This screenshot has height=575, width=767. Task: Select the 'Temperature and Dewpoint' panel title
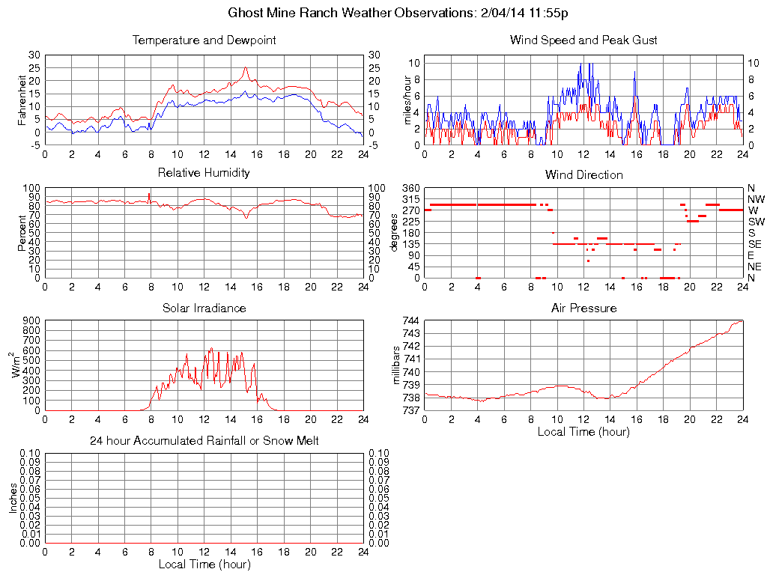(204, 40)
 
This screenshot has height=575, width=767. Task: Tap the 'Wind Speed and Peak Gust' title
(583, 40)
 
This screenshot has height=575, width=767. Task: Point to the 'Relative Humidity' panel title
(204, 173)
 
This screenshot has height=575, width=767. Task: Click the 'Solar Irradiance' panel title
(204, 308)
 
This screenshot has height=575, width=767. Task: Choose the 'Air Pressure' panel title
(583, 308)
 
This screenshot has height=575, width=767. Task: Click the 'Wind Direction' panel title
(583, 175)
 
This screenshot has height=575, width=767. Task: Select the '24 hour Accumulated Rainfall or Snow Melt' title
(204, 441)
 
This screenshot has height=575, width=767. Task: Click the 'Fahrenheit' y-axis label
(22, 100)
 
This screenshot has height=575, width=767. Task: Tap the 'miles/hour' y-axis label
(408, 100)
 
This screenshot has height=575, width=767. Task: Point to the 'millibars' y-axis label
(396, 365)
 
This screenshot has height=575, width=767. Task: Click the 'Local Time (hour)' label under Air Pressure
(583, 432)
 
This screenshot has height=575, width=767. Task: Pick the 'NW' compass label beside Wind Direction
(755, 199)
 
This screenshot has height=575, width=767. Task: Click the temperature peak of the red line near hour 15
(245, 67)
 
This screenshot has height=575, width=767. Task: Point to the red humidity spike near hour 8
(149, 195)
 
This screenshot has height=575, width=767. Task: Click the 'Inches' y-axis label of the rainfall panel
(13, 498)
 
